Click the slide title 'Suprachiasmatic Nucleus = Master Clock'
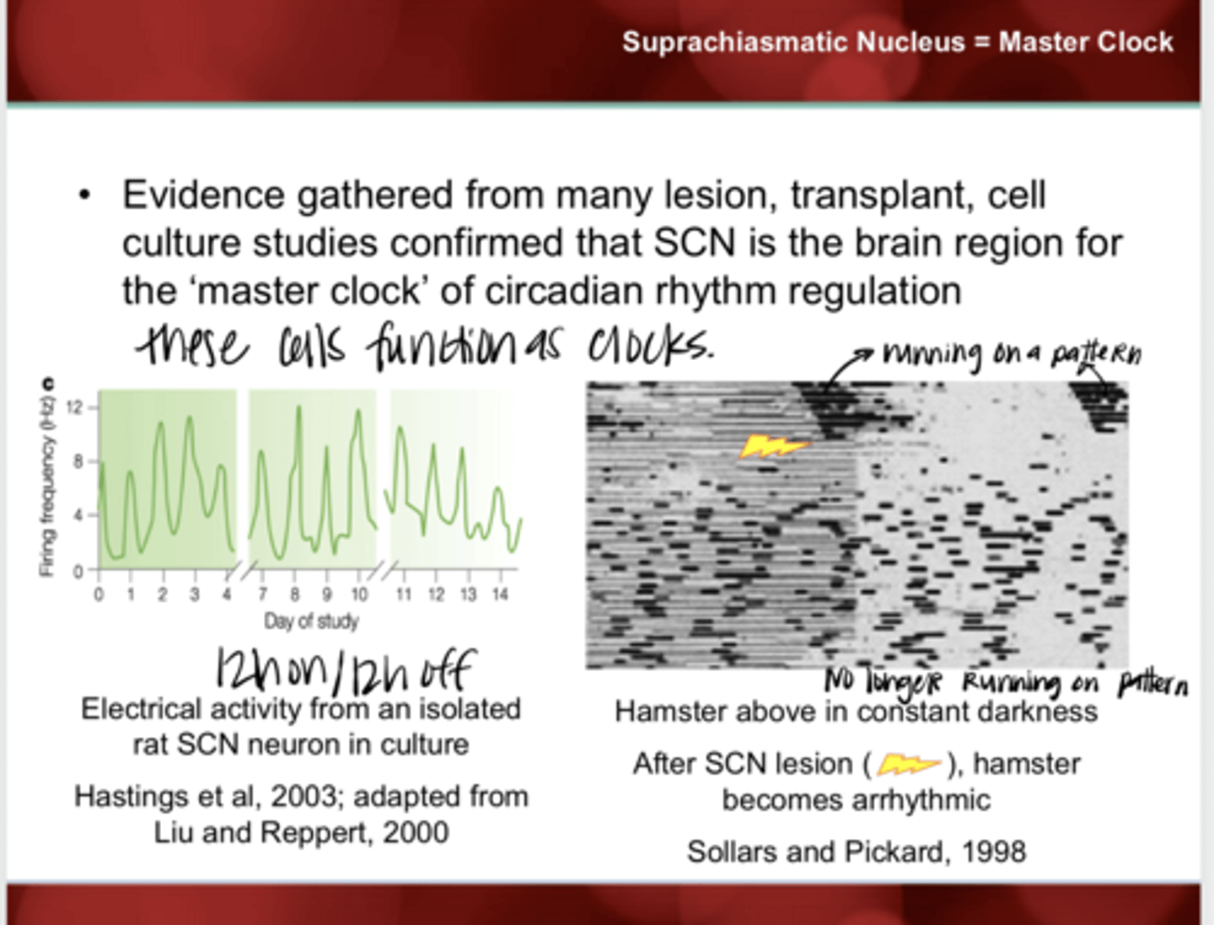tap(897, 42)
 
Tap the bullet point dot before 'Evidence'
tap(83, 196)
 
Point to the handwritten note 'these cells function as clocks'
tap(426, 346)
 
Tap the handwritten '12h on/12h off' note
tap(346, 670)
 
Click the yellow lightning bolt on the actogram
tap(772, 446)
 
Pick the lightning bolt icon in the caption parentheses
tap(908, 765)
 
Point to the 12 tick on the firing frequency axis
tap(75, 408)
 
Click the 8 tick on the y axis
tap(78, 461)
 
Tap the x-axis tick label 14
tap(500, 595)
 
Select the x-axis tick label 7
tap(263, 595)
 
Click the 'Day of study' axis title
tap(311, 622)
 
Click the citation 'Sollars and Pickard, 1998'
tap(857, 852)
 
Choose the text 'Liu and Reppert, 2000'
tap(301, 833)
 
